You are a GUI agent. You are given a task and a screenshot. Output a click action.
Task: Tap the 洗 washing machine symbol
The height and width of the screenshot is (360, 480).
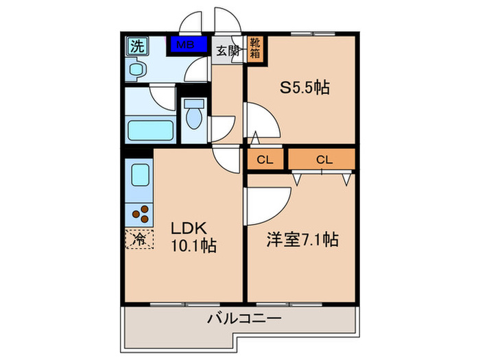(x=136, y=47)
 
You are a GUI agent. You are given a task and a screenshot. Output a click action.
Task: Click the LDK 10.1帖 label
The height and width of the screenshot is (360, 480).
(x=193, y=237)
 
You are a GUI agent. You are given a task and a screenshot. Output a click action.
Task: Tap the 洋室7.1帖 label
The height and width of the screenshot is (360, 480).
(x=302, y=240)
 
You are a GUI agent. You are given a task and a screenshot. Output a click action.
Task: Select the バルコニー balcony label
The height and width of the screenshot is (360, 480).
(x=244, y=319)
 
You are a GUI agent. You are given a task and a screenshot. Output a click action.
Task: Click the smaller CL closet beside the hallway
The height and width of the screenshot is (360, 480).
(x=265, y=160)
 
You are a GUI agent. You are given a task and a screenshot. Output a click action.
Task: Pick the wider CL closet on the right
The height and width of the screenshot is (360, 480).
(x=324, y=160)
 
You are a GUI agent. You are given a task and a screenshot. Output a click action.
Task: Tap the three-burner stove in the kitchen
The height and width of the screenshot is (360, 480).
(x=139, y=213)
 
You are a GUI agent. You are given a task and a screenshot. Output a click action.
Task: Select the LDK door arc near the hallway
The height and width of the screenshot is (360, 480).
(x=223, y=160)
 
